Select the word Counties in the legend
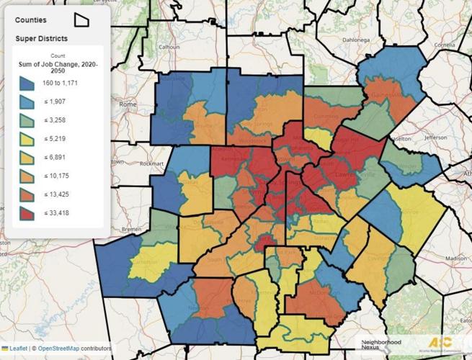coord(31,20)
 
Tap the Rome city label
coord(128,105)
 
